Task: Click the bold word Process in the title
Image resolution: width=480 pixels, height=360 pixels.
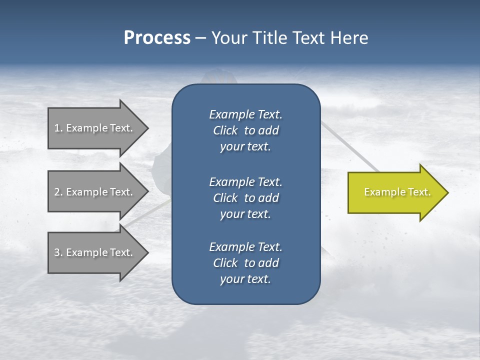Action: tap(157, 38)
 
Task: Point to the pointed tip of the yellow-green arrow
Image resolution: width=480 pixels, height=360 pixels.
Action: tap(447, 192)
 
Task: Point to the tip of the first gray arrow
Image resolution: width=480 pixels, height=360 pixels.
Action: tap(147, 128)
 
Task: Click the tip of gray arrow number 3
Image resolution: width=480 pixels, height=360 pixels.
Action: tap(147, 252)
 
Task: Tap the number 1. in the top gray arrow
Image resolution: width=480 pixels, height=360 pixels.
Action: tap(58, 128)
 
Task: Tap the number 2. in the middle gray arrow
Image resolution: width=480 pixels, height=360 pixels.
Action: tap(58, 192)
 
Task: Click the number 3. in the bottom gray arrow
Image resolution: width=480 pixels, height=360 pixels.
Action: tap(58, 252)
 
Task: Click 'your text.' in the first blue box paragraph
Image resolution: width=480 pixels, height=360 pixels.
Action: tap(245, 147)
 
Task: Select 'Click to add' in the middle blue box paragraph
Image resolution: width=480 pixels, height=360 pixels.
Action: tap(245, 198)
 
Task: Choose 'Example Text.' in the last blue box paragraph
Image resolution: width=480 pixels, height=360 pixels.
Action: tap(245, 247)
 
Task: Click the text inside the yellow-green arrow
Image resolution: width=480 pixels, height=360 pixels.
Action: tap(397, 192)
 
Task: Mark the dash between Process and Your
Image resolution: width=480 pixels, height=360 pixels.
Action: tap(200, 38)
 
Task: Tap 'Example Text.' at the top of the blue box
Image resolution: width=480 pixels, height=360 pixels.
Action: tap(245, 114)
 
